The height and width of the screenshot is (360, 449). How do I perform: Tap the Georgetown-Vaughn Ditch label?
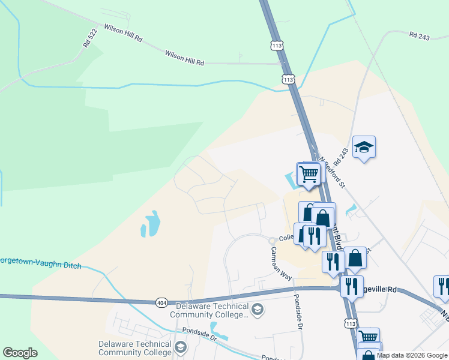40,263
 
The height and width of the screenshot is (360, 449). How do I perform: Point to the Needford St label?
333,173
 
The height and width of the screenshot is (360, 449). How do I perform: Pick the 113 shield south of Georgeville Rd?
351,323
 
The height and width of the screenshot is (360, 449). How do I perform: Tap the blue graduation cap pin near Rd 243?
364,148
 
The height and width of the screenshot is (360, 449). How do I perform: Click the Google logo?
20,353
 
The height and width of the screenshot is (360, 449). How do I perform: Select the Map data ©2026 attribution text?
412,355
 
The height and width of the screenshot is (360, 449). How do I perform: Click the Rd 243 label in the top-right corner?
420,36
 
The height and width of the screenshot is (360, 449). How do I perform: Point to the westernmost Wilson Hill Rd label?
123,32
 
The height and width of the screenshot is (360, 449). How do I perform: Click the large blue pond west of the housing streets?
150,223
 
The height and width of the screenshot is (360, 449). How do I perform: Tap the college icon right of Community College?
258,310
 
